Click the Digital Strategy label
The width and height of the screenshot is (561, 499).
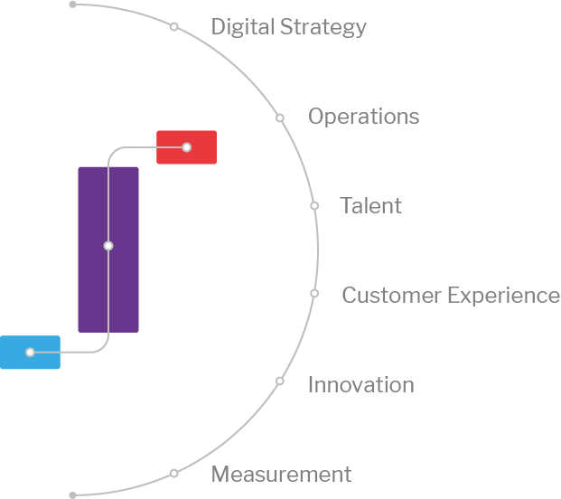point(288,27)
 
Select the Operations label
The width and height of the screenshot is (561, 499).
point(363,117)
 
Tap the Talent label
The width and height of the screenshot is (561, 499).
point(370,206)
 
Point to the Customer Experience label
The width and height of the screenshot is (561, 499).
point(450,296)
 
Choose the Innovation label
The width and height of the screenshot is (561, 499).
point(360,385)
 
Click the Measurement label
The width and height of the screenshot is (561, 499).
point(281,475)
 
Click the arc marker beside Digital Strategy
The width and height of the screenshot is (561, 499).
point(174,27)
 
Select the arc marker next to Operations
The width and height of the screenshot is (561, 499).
point(280,118)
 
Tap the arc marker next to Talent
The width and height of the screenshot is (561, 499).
point(314,206)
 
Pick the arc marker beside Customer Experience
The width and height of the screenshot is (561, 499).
point(314,294)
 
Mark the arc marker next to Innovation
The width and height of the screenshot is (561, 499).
point(280,381)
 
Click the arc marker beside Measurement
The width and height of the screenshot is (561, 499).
point(173,473)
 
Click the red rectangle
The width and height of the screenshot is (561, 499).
point(186,147)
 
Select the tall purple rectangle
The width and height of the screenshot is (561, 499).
point(108,249)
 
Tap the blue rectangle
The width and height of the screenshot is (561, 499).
point(30,353)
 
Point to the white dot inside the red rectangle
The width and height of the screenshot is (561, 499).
point(186,146)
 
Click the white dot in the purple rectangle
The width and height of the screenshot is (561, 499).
point(108,246)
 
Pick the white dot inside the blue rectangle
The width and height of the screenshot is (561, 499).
point(30,353)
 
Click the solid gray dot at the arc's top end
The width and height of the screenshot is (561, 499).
point(73,5)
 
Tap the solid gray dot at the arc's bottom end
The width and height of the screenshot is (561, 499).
point(73,495)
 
